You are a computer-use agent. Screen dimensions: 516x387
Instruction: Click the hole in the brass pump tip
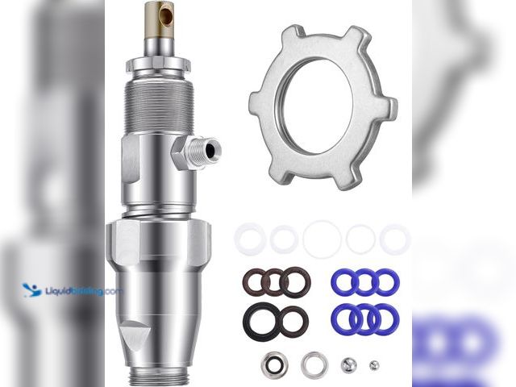[x=166, y=16]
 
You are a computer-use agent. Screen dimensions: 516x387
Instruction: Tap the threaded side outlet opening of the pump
[x=210, y=151]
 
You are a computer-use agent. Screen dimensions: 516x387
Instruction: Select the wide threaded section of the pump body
[x=160, y=106]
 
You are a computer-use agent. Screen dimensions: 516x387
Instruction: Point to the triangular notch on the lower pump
[x=132, y=335]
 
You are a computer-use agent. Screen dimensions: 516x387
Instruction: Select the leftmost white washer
[x=250, y=239]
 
